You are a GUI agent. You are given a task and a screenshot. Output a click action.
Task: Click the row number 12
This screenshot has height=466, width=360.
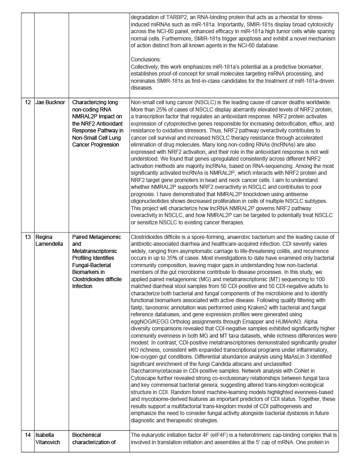coord(28,102)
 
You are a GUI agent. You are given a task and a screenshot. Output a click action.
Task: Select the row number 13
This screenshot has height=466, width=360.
coord(28,237)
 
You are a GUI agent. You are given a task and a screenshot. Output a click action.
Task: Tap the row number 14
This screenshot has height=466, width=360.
coord(28,435)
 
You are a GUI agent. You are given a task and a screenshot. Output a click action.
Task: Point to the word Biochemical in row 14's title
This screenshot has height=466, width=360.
coord(86,435)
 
